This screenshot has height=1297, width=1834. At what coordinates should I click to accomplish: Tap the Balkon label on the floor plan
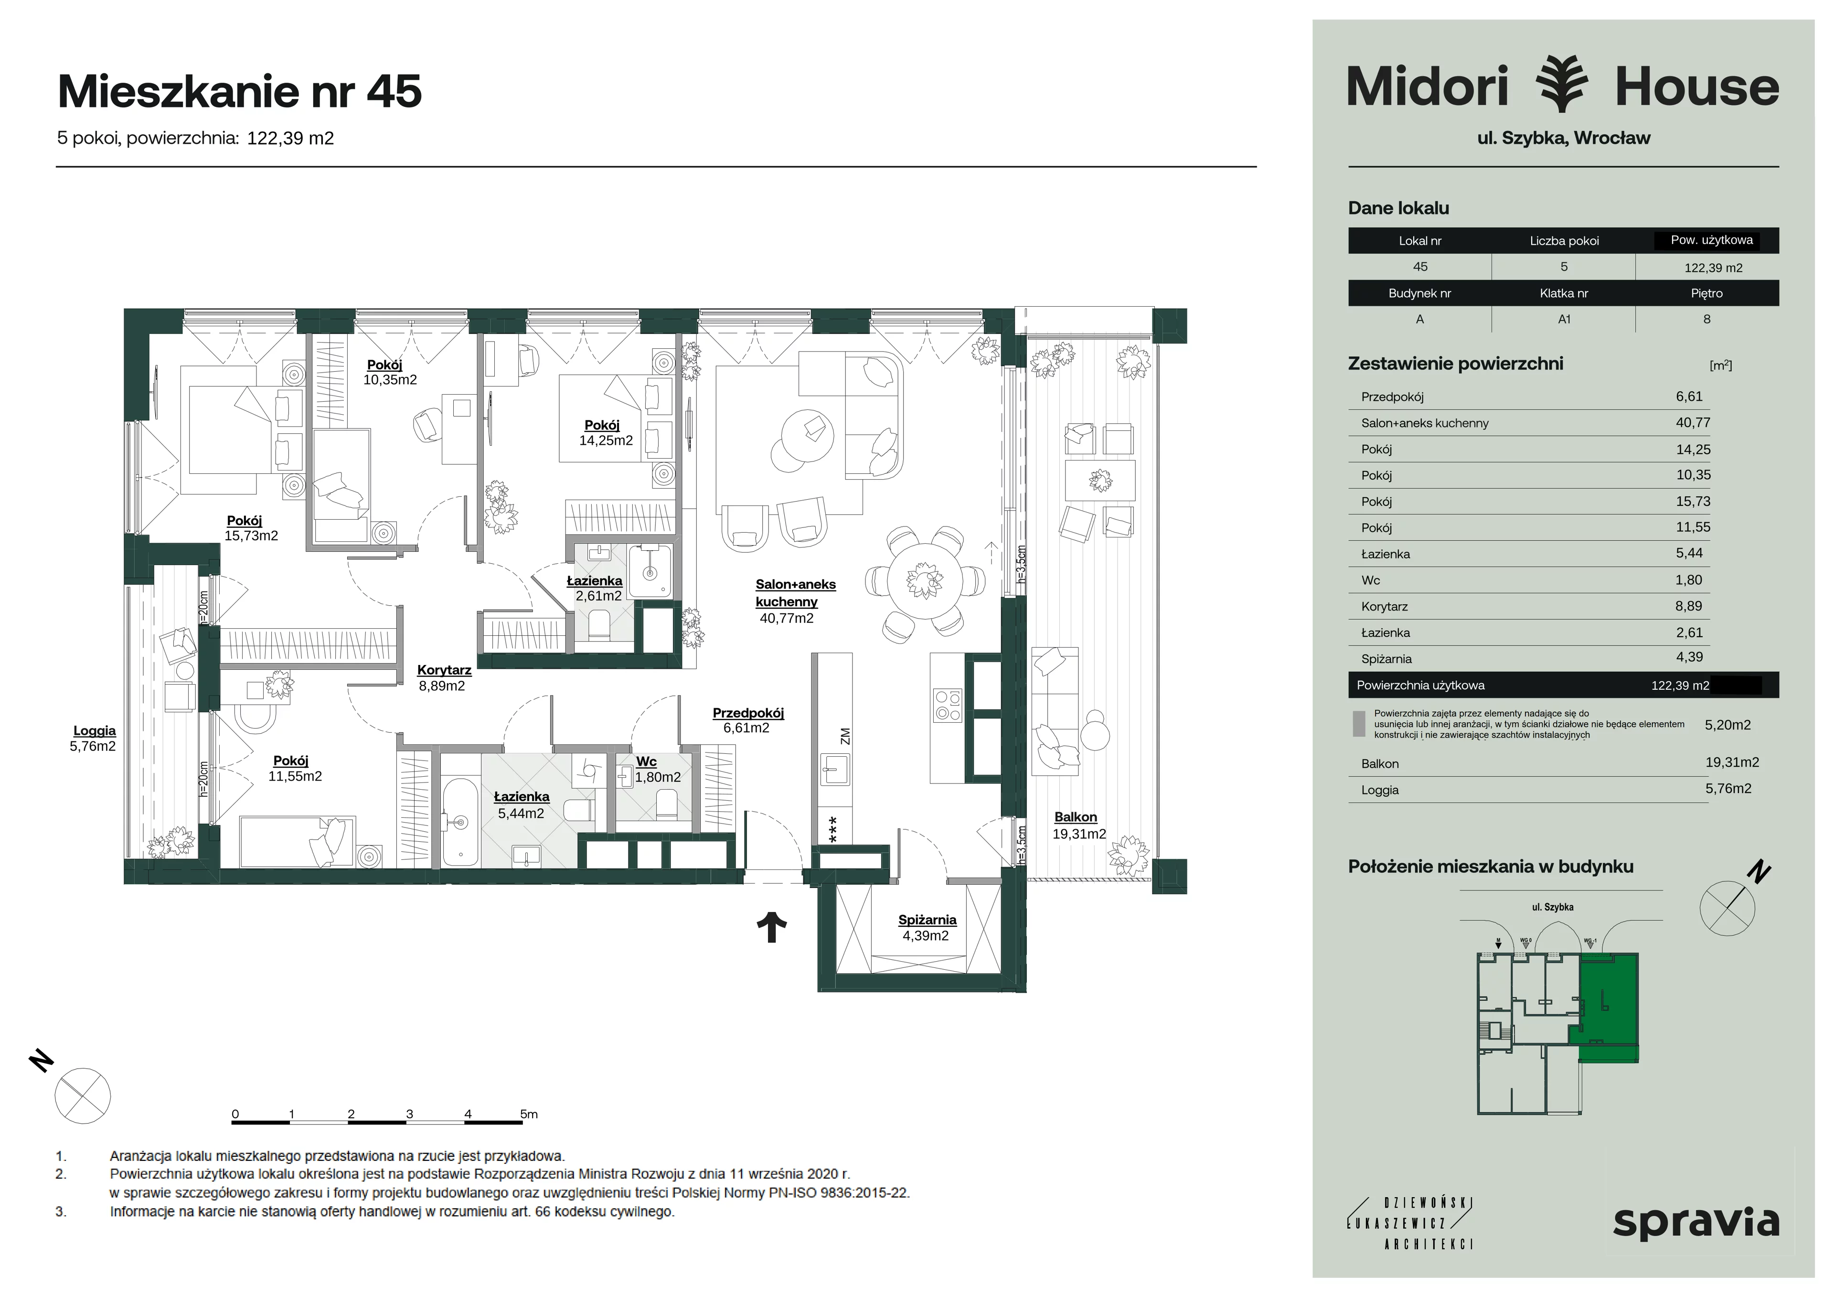1075,817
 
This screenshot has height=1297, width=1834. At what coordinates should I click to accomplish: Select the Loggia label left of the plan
94,730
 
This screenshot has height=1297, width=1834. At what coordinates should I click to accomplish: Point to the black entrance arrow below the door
772,927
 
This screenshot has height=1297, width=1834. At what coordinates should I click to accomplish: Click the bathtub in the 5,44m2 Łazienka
459,810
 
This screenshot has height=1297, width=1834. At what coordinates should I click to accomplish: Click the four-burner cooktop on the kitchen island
948,705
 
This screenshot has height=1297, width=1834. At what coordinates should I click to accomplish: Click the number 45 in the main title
394,91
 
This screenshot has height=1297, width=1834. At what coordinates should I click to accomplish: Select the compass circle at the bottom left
82,1095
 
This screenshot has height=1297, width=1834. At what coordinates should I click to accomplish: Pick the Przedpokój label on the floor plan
748,713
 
